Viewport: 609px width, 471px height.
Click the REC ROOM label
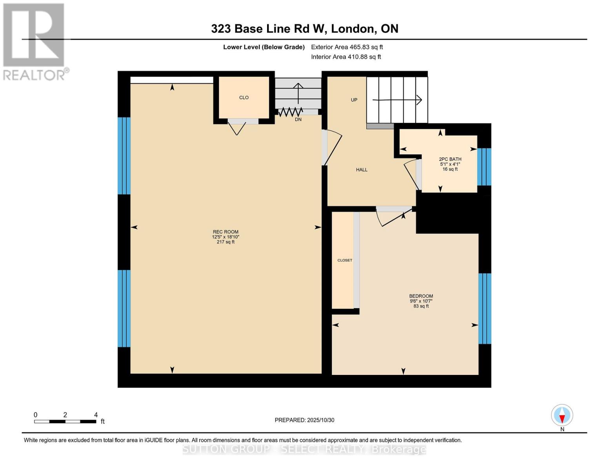(x=225, y=232)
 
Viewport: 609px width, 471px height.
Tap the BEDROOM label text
(x=421, y=296)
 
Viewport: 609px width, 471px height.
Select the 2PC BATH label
(x=450, y=159)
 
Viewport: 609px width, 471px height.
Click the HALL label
(x=362, y=170)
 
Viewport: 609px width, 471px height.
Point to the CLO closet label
(x=244, y=98)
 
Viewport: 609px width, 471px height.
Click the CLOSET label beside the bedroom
(x=345, y=260)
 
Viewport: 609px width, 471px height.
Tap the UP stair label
(x=354, y=100)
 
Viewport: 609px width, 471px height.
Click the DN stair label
(x=298, y=119)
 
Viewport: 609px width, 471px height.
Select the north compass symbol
(x=562, y=416)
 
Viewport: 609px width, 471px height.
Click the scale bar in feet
(x=65, y=421)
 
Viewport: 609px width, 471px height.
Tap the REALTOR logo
(x=34, y=41)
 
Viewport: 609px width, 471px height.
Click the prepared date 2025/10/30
(x=304, y=420)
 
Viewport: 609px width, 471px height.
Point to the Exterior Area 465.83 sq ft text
(x=347, y=47)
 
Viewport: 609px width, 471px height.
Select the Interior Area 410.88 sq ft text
(x=346, y=57)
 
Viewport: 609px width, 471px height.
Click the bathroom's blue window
(x=484, y=166)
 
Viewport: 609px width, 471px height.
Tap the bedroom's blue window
(x=485, y=309)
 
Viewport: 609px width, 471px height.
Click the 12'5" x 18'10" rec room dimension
(x=225, y=237)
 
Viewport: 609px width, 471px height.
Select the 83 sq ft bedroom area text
(x=421, y=306)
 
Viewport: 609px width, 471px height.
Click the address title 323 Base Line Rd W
(x=304, y=29)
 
